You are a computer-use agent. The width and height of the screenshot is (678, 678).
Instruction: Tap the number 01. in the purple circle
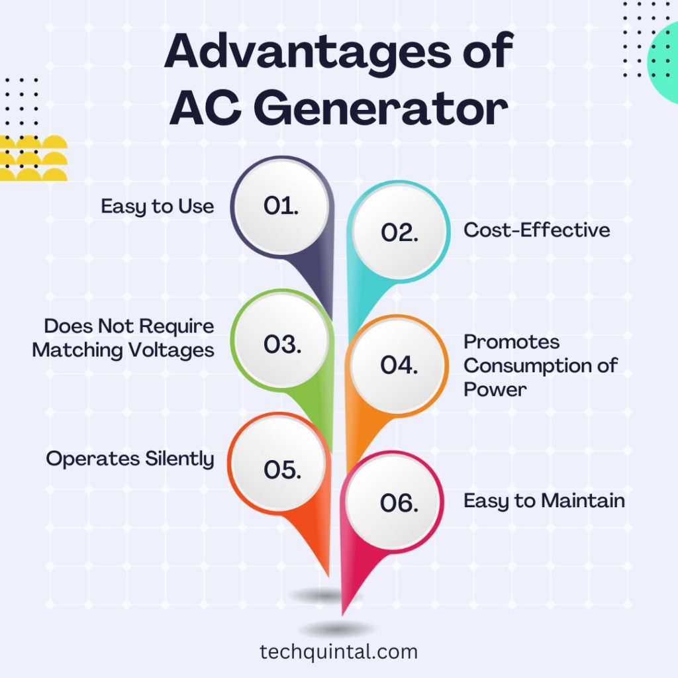[281, 206]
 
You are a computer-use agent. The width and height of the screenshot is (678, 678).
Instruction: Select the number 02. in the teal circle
[399, 232]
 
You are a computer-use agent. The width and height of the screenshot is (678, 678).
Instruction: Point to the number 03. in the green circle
[282, 344]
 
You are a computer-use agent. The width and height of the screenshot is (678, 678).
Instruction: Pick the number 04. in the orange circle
[399, 365]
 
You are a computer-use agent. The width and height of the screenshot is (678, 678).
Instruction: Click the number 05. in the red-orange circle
[282, 469]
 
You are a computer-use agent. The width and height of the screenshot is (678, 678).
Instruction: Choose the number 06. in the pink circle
[399, 503]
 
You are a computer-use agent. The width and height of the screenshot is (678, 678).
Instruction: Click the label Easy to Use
[158, 207]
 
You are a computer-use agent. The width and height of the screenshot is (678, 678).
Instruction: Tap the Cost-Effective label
[536, 230]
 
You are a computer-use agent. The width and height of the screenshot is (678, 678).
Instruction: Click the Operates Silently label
[130, 459]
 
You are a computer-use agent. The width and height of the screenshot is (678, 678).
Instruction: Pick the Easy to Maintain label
[544, 501]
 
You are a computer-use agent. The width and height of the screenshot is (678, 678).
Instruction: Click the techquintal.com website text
[338, 652]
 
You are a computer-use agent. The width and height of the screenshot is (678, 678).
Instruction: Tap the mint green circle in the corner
[663, 63]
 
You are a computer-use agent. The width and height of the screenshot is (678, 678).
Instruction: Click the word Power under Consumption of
[495, 389]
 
